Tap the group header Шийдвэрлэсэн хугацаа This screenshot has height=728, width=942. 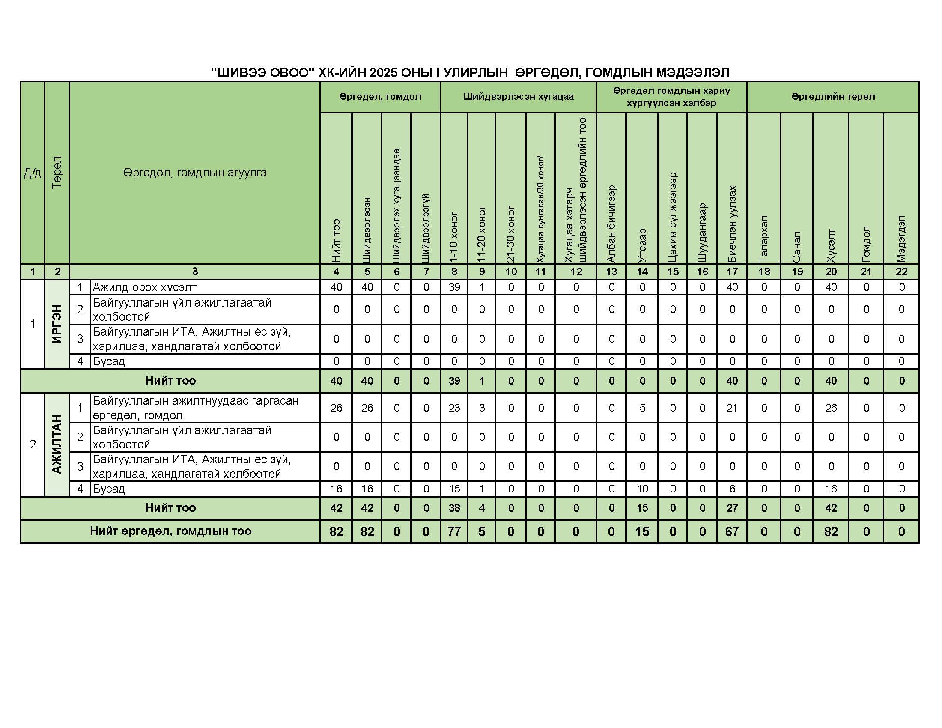(x=518, y=97)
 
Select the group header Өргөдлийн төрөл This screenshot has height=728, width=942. (x=832, y=97)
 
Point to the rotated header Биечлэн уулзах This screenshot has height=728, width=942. (x=732, y=224)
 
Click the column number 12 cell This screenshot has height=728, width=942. (x=576, y=272)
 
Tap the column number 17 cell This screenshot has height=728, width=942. (x=732, y=272)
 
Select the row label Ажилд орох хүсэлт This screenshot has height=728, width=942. (x=144, y=287)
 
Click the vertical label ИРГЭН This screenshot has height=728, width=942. (x=57, y=324)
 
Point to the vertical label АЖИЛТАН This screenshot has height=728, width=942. (x=57, y=444)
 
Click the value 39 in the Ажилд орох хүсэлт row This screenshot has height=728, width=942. (x=454, y=287)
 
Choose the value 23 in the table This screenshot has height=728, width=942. (x=454, y=408)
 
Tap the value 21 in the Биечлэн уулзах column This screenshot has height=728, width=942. (x=732, y=408)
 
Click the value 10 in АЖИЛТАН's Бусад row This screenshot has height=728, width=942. (x=642, y=489)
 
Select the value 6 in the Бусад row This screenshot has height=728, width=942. (x=732, y=489)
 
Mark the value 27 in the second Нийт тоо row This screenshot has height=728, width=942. (x=732, y=508)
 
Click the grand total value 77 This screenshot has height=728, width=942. (x=454, y=531)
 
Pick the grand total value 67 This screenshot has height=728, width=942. (x=732, y=531)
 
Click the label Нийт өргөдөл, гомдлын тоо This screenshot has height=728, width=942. (x=170, y=531)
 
